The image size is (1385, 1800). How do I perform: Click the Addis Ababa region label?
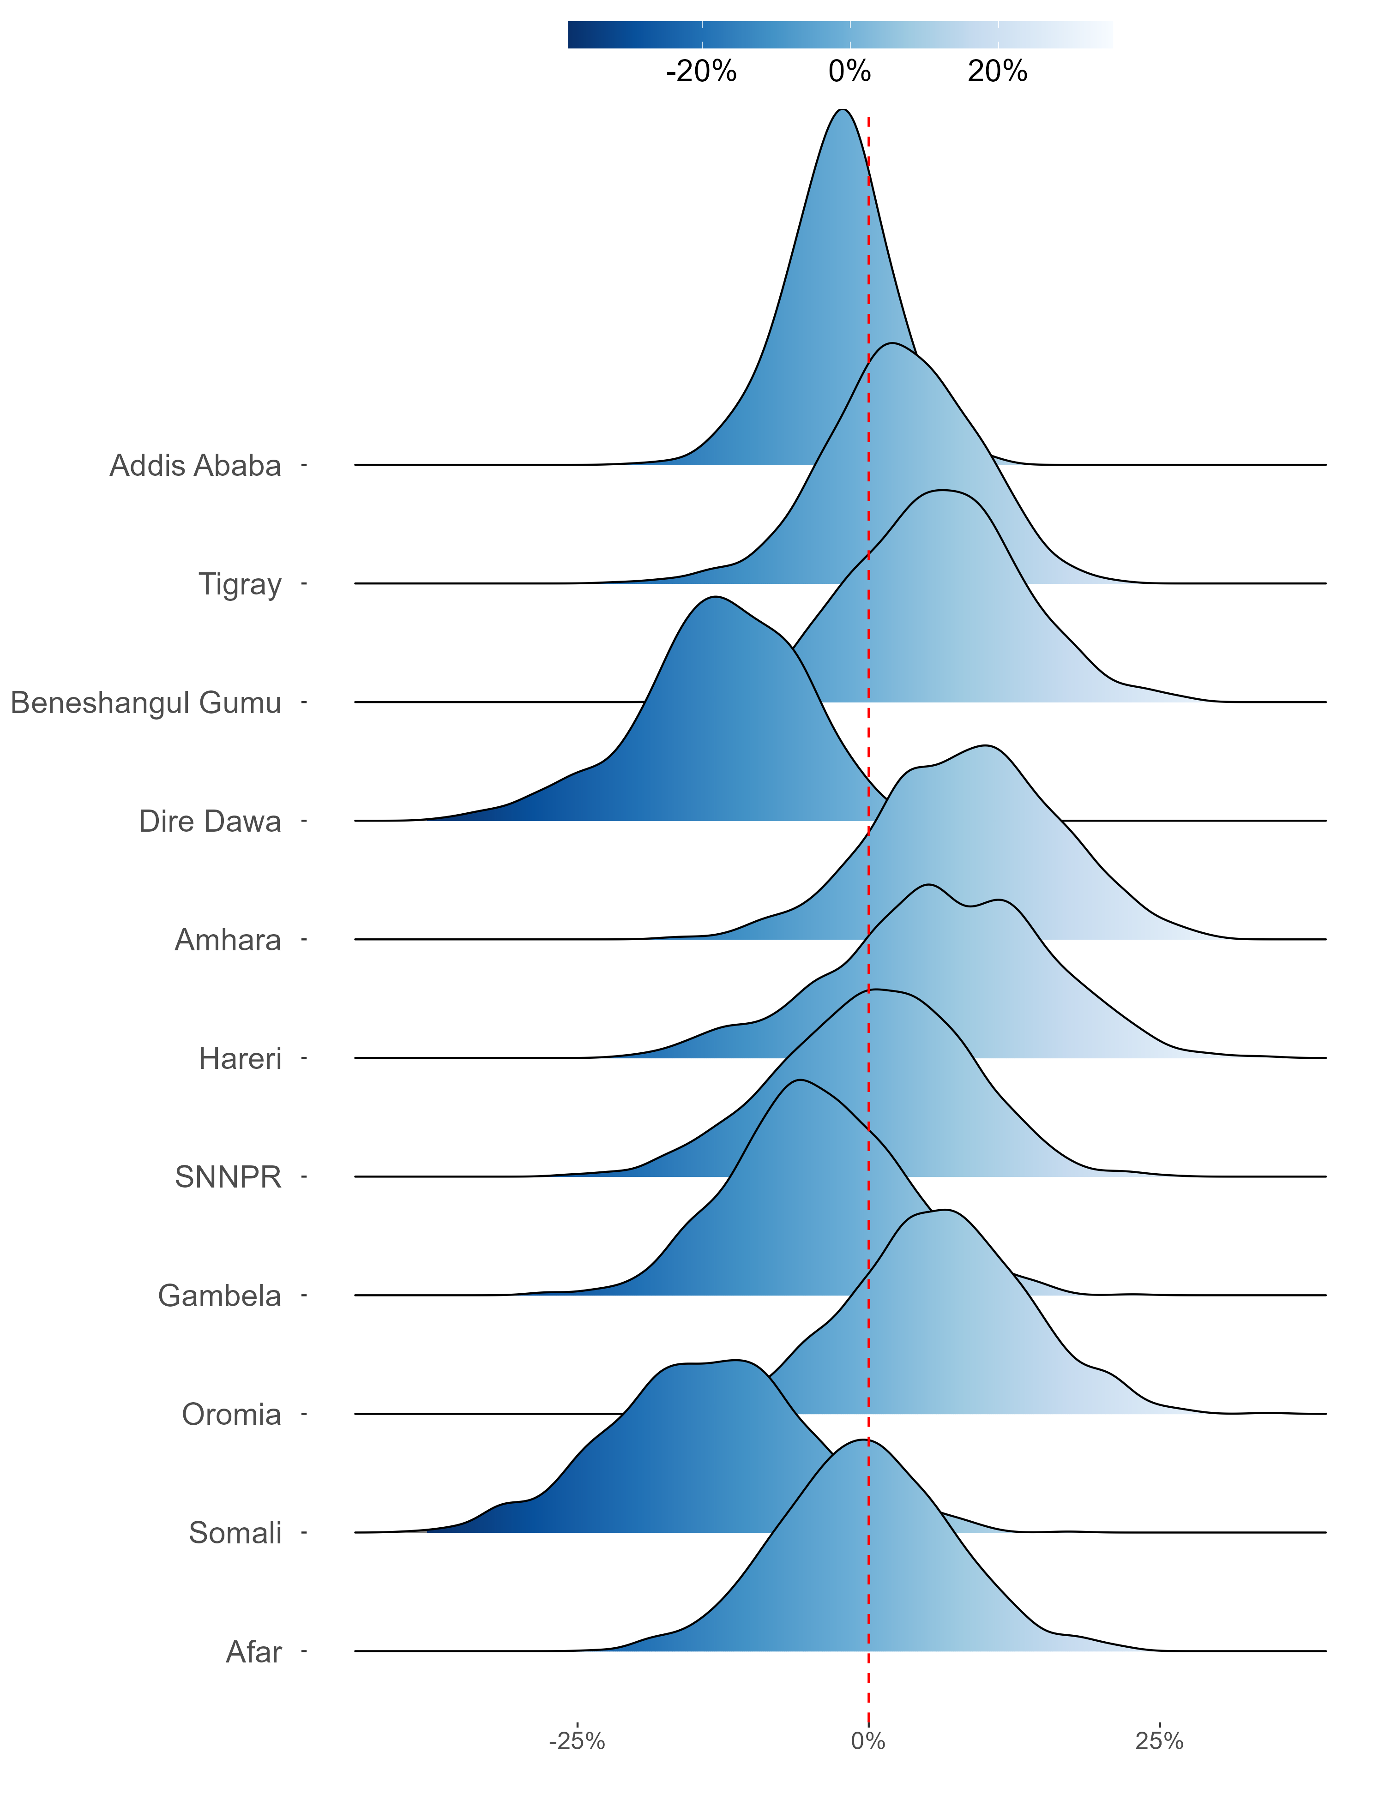tap(195, 466)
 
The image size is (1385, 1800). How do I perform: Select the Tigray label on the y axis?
tap(240, 584)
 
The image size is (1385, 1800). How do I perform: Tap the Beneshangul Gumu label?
tap(146, 703)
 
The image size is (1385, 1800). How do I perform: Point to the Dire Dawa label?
tap(210, 822)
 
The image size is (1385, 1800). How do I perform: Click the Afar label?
tap(254, 1652)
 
